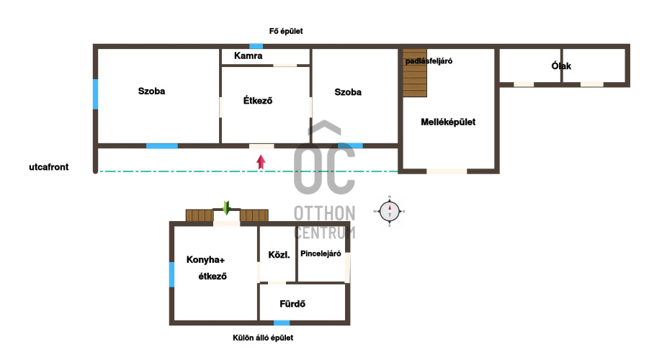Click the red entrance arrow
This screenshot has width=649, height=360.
click(x=261, y=162)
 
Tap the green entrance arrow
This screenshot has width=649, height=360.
click(x=226, y=208)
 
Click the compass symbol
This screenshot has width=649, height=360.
click(x=390, y=211)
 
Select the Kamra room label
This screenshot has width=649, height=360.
click(x=248, y=56)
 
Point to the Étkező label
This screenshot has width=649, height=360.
click(x=257, y=100)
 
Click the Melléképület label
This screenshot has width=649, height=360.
click(x=448, y=122)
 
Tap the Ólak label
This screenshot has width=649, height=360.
click(x=561, y=66)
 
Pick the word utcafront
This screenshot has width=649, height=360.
click(x=49, y=167)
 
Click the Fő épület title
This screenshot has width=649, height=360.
click(x=285, y=31)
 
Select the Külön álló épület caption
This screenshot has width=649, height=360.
click(x=263, y=338)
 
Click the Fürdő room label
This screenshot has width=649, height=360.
click(x=292, y=304)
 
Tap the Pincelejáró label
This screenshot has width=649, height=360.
click(x=321, y=253)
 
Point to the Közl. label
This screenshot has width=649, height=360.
click(x=279, y=255)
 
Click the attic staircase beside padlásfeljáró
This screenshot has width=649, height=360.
click(x=415, y=73)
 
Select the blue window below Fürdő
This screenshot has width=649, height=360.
click(x=282, y=323)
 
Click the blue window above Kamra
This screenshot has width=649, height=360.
click(x=256, y=46)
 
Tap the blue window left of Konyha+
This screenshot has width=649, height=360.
click(x=171, y=274)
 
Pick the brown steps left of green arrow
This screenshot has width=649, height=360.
click(x=200, y=215)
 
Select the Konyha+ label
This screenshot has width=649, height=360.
click(x=205, y=260)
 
